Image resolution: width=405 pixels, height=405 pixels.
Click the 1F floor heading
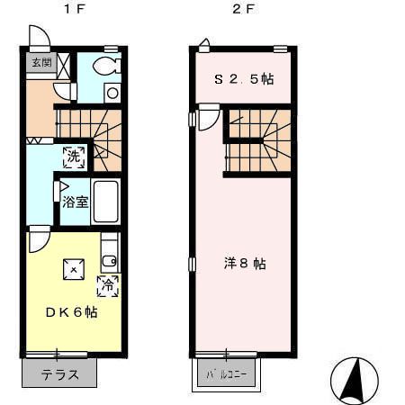[68, 11]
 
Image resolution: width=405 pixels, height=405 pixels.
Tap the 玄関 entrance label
[41, 63]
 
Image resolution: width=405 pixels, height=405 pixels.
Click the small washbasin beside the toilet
[112, 91]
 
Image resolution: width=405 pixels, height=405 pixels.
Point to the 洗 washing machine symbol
[74, 156]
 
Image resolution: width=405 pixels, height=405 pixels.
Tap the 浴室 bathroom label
[75, 202]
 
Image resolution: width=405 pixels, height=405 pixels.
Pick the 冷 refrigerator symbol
[107, 287]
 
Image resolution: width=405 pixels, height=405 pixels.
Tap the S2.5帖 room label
[243, 79]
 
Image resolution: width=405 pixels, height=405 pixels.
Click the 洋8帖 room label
[245, 264]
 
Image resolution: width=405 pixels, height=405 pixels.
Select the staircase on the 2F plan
[257, 142]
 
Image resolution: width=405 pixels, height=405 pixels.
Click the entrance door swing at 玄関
[40, 39]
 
